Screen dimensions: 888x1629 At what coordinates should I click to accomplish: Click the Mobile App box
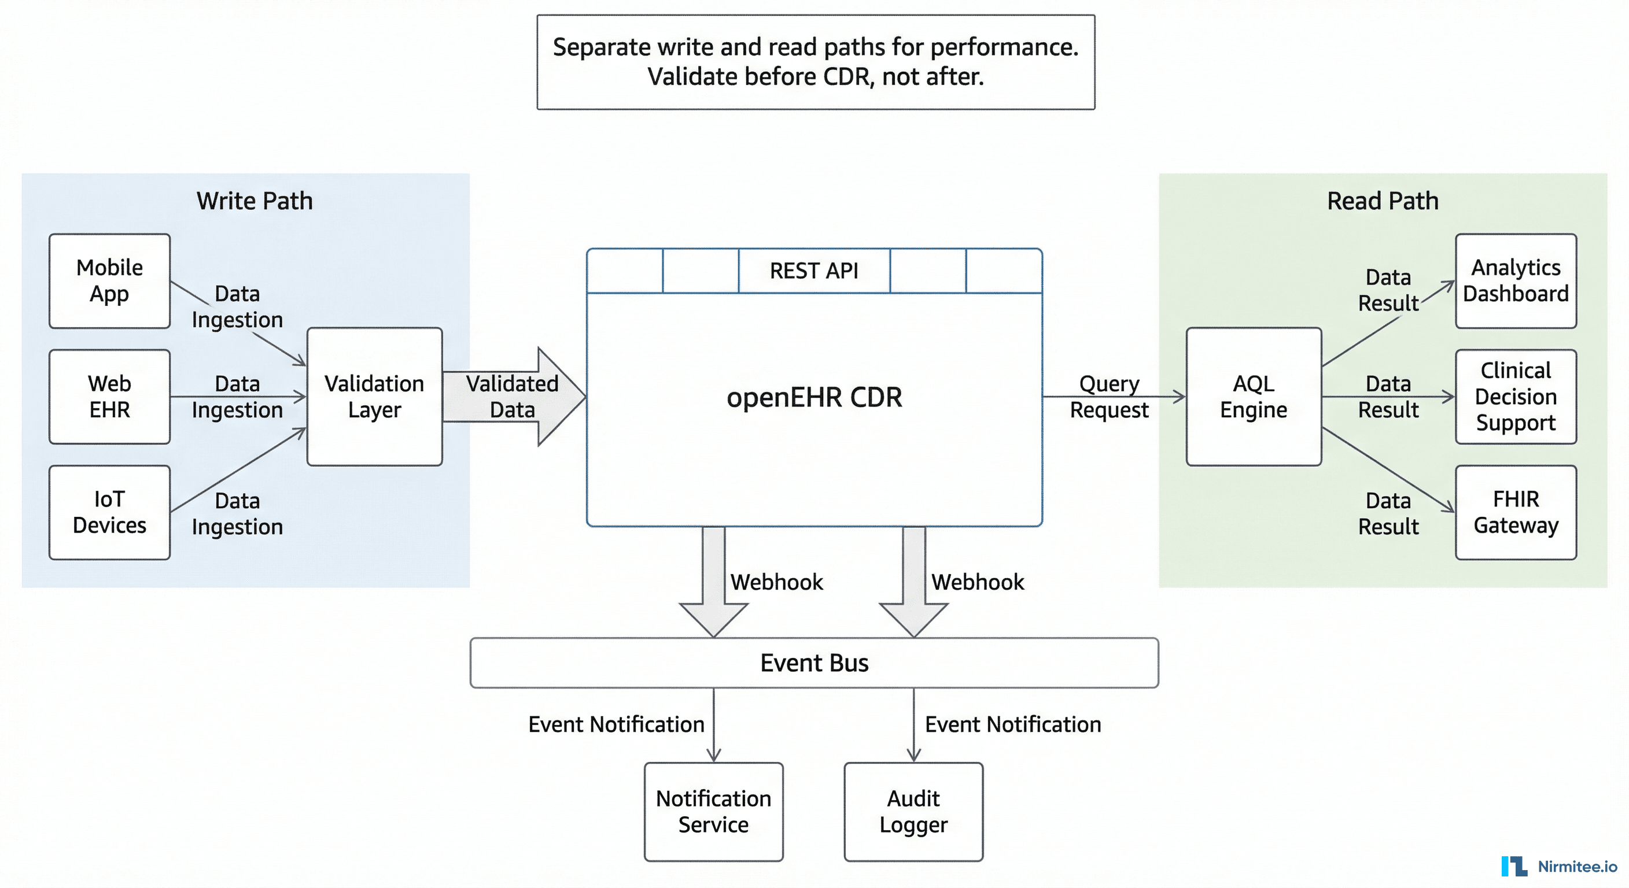(x=109, y=280)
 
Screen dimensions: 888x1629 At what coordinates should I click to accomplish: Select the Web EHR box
(x=109, y=396)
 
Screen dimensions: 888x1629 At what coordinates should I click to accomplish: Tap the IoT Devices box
(x=109, y=512)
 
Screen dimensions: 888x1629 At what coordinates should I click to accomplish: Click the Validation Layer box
(x=374, y=396)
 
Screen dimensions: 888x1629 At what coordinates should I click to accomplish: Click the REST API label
(x=814, y=271)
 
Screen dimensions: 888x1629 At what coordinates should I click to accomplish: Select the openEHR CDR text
(x=814, y=397)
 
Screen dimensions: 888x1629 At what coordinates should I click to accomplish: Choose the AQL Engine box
(x=1254, y=396)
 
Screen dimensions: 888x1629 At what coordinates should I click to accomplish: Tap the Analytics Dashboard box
(x=1516, y=280)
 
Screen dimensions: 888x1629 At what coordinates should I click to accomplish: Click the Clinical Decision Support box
(x=1516, y=396)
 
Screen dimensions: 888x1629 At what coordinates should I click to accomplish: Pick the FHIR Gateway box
(x=1516, y=512)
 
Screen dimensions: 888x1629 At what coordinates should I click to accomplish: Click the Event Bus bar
(x=814, y=663)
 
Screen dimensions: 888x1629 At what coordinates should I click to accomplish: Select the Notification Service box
(x=713, y=812)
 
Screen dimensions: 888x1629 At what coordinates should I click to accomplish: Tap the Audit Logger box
(x=913, y=812)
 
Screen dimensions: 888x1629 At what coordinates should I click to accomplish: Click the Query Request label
(x=1109, y=396)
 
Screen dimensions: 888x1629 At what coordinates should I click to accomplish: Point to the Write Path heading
(x=254, y=201)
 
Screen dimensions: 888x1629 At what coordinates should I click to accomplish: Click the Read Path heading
(x=1383, y=201)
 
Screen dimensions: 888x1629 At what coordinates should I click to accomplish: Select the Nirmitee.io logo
(x=1560, y=866)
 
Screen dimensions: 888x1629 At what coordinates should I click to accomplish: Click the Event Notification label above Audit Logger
(x=1012, y=724)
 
